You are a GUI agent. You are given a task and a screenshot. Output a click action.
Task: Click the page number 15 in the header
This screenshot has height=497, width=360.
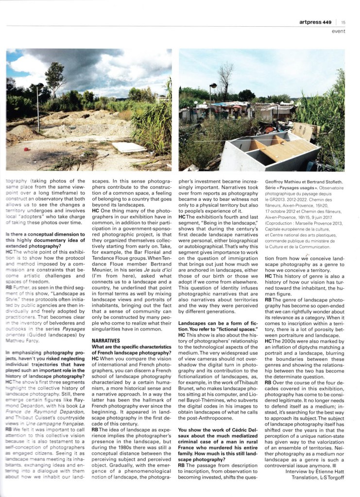pos(343,22)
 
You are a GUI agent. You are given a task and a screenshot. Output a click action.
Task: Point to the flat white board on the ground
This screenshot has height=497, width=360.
pos(129,147)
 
